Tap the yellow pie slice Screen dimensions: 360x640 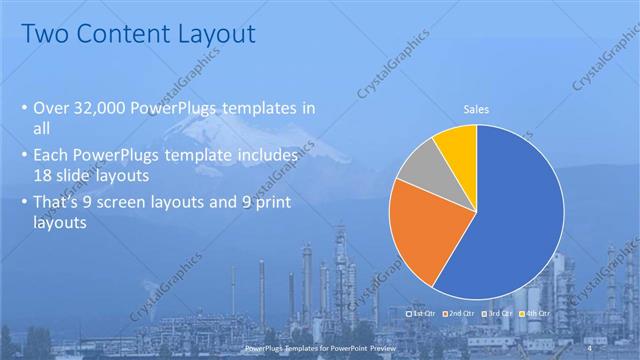click(458, 143)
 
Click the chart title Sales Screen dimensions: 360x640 click(476, 109)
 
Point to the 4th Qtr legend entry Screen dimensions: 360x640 click(536, 313)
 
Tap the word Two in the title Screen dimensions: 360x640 click(45, 34)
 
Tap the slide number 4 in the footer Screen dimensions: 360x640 click(592, 347)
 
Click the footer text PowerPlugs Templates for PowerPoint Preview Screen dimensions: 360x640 click(319, 347)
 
